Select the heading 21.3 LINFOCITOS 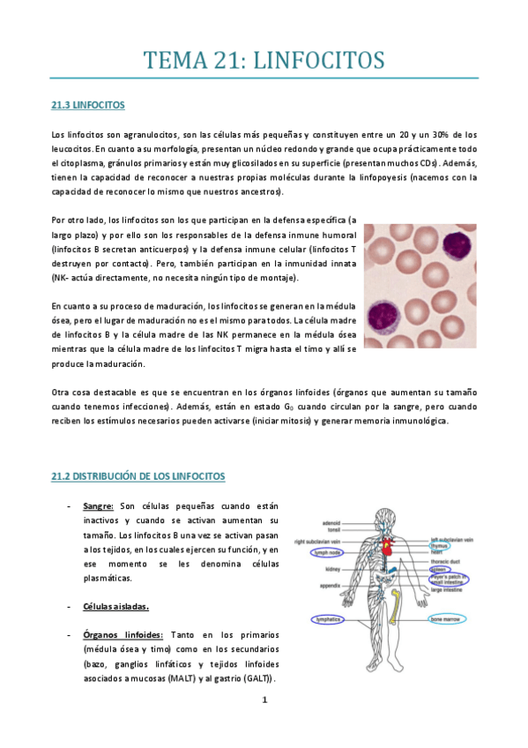coord(88,106)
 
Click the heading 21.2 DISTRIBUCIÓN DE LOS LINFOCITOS coord(138,476)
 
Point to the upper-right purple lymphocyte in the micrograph coord(457,243)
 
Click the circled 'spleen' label coord(439,570)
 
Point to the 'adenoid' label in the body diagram coord(331,522)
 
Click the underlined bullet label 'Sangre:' coord(100,506)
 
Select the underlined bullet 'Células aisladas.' coord(115,607)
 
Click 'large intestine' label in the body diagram coord(450,591)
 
